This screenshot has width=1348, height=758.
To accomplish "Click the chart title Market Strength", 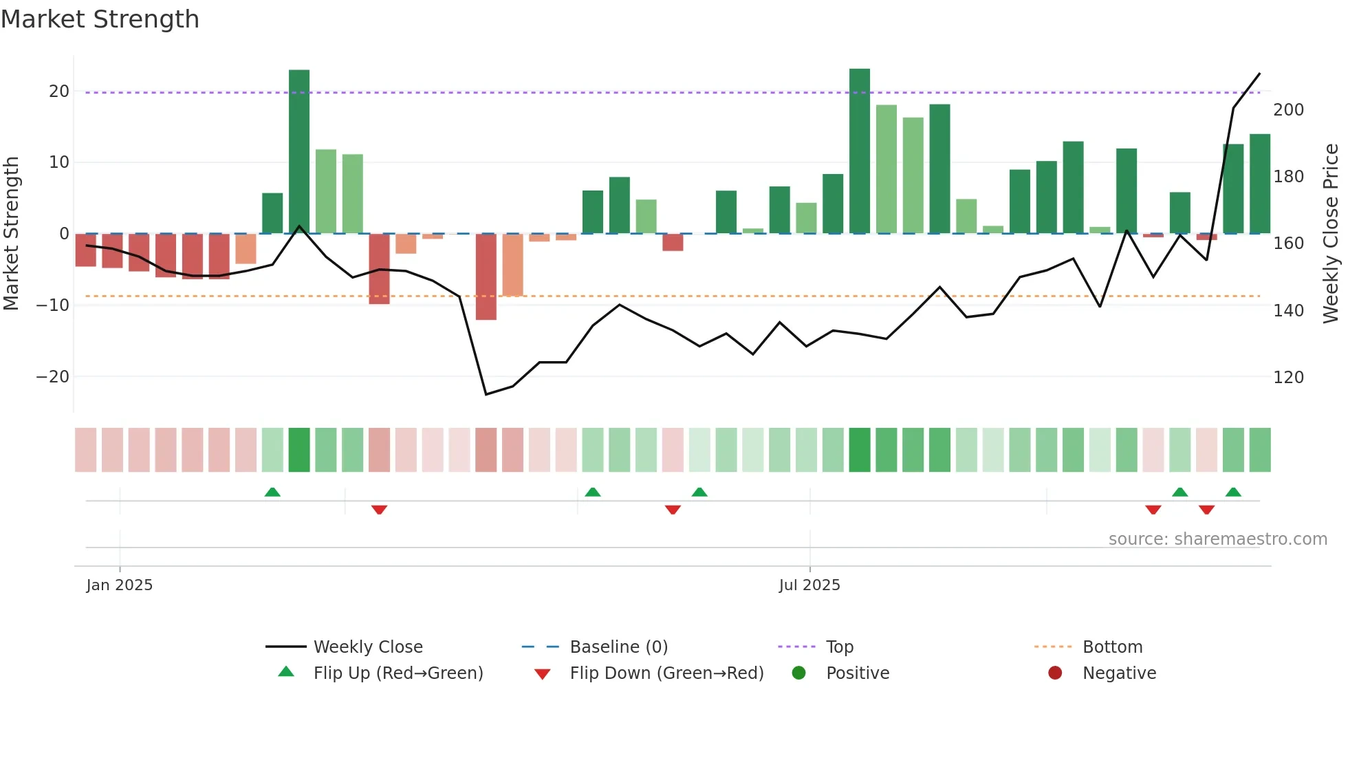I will pos(100,19).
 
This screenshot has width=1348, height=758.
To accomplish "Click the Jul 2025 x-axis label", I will pos(809,585).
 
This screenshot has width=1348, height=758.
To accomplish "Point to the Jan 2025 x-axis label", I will pos(120,585).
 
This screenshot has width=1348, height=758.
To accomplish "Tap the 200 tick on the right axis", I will pos(1288,110).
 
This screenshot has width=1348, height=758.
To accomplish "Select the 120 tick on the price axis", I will pos(1288,377).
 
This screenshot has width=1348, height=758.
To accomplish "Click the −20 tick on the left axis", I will pos(53,376).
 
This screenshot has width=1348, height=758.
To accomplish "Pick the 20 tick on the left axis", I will pos(59,91).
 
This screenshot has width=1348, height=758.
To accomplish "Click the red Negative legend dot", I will pos(1055,673).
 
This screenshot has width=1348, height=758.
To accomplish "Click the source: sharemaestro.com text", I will pos(1217,539).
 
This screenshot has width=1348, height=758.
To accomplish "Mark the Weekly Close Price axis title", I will pos(1331,234).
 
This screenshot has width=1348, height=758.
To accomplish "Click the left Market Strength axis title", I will pos(11,234).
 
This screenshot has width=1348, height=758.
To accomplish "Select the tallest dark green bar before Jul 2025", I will pos(299,151).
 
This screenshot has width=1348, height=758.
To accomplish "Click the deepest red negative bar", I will pos(486,277).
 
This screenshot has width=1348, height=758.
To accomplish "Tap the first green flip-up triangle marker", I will pos(272,492).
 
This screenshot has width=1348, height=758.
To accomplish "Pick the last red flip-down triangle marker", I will pos(1206,510).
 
